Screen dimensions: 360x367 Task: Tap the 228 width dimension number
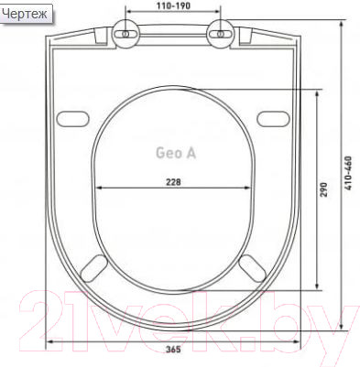coord(173,182)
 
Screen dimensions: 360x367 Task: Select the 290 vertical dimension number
coord(323,189)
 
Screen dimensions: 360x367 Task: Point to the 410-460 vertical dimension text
coord(348,173)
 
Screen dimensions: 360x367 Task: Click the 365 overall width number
coord(173,350)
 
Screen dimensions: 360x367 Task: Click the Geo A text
coord(176,153)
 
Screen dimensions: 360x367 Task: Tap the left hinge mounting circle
coord(125,34)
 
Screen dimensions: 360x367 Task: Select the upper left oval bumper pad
coord(72,118)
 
